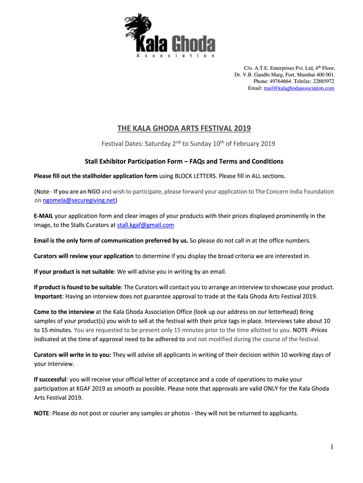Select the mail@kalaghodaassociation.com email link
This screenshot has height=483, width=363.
point(299,88)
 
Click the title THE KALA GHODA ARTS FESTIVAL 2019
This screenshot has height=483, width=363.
point(184,128)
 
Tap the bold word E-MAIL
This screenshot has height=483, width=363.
point(43,216)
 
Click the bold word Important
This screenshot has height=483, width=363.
point(49,296)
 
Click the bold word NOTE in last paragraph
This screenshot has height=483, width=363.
point(42,413)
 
